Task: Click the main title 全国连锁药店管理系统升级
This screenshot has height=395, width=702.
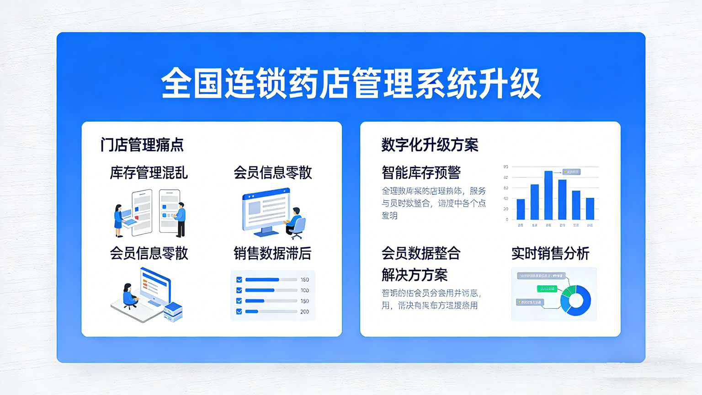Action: (351, 83)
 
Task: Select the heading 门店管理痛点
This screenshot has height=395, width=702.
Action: (142, 145)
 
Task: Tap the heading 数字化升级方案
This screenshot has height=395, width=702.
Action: (430, 145)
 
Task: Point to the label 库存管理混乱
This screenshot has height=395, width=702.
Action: (149, 173)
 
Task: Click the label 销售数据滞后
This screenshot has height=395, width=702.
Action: (272, 253)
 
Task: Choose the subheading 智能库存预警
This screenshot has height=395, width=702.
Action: (421, 173)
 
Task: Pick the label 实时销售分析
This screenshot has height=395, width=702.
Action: (550, 253)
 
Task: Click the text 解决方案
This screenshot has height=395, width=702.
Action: (415, 275)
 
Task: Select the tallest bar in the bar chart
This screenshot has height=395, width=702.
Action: (548, 195)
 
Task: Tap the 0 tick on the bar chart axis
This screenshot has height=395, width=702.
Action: (506, 220)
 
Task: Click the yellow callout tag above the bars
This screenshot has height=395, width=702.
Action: (571, 172)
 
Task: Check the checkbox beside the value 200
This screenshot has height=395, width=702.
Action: (239, 312)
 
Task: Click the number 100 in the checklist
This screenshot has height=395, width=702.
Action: (305, 290)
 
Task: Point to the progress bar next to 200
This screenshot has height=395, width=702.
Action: (271, 312)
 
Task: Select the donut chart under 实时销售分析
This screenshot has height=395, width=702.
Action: (576, 300)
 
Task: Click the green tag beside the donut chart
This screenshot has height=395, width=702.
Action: (547, 289)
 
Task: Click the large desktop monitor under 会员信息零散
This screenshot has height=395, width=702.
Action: (266, 212)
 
